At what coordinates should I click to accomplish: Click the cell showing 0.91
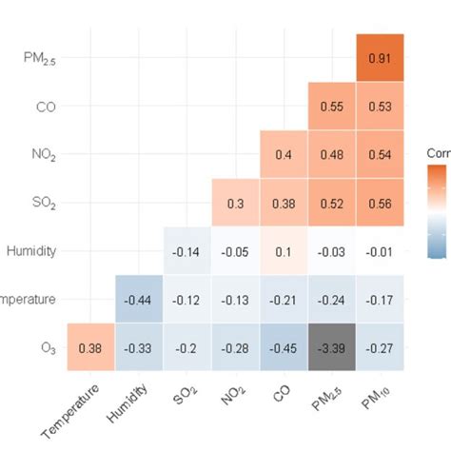click(x=380, y=58)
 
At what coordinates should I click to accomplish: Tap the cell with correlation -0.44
click(x=140, y=299)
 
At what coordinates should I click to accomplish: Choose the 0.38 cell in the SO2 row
click(x=284, y=203)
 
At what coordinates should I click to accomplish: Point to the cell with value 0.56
click(x=380, y=203)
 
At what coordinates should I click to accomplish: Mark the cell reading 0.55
click(x=332, y=107)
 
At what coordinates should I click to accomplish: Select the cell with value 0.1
click(x=284, y=251)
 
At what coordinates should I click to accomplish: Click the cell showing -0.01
click(x=380, y=251)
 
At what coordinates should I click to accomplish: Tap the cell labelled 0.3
click(x=236, y=203)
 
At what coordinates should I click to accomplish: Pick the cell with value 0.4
click(x=284, y=154)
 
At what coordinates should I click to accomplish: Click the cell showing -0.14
click(x=187, y=251)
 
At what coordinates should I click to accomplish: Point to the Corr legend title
click(x=439, y=151)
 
